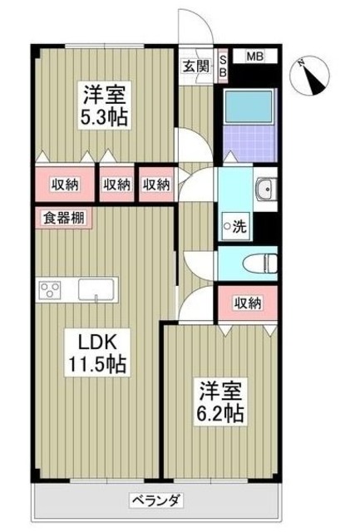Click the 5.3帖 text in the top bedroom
pyautogui.click(x=104, y=117)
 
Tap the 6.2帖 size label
pyautogui.click(x=219, y=413)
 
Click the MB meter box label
pyautogui.click(x=254, y=57)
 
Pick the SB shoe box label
pyautogui.click(x=223, y=65)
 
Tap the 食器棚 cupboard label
pyautogui.click(x=62, y=219)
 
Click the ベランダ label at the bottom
pyautogui.click(x=155, y=500)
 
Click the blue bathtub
pyautogui.click(x=247, y=106)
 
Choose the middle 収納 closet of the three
pyautogui.click(x=116, y=185)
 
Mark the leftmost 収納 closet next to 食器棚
pyautogui.click(x=62, y=185)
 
